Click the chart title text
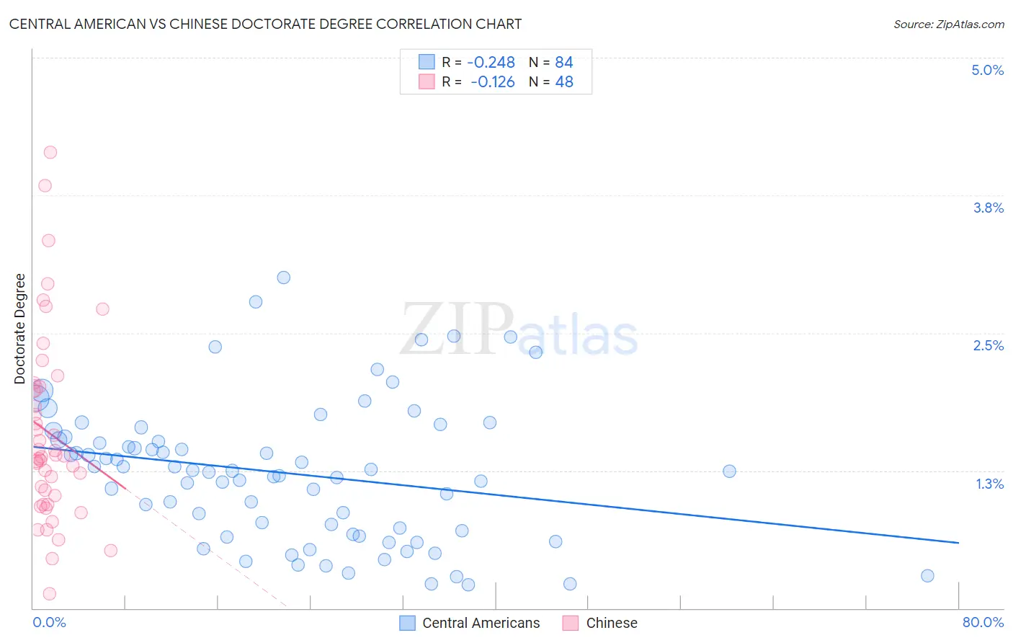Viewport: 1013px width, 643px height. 265,24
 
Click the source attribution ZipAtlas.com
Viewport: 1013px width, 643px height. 948,25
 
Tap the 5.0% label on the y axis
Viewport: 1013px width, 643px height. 987,70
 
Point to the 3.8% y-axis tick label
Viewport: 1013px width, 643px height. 988,208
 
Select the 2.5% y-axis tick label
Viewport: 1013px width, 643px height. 988,345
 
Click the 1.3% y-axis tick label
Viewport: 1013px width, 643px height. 989,484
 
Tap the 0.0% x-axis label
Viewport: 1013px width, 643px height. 49,622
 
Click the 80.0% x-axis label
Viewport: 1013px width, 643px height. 983,622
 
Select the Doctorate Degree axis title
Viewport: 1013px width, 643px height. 20,329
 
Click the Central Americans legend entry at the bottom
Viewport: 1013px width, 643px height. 481,623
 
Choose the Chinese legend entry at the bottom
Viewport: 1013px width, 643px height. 611,623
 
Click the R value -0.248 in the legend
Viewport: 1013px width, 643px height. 491,63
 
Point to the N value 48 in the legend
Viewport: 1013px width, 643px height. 564,82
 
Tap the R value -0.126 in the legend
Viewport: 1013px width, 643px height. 492,82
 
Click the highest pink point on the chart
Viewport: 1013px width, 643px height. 50,152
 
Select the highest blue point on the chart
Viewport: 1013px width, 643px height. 284,278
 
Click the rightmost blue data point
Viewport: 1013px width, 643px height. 927,575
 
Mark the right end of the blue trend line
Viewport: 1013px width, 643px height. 958,542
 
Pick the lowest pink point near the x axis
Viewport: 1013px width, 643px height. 50,594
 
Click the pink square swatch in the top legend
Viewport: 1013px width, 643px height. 427,81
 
